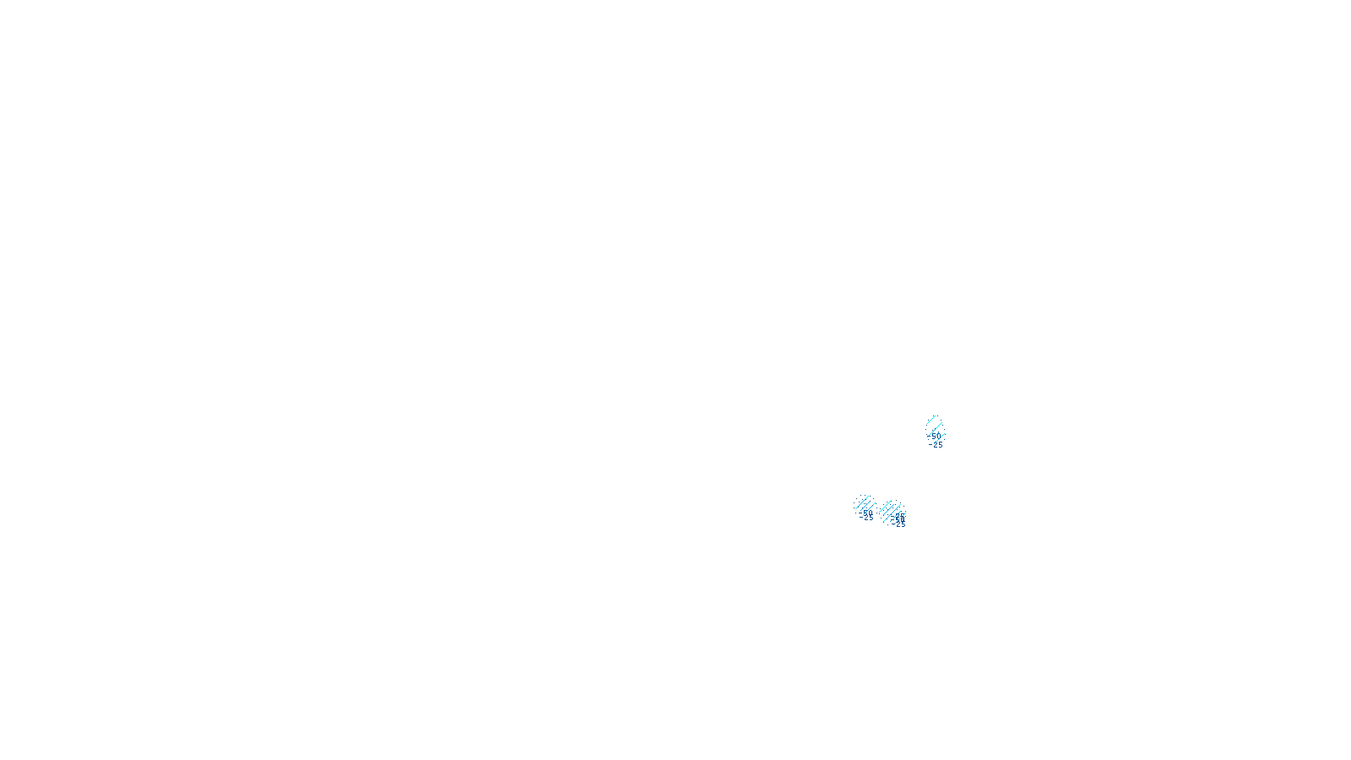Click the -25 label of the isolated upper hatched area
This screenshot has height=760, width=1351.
937,444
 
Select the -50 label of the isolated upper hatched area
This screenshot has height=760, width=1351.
936,436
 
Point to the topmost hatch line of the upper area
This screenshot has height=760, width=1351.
931,420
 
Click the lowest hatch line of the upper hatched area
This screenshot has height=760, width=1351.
940,438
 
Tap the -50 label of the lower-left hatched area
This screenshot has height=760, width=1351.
866,513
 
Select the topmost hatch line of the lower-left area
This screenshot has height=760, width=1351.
862,502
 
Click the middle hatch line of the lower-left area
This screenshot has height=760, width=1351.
865,506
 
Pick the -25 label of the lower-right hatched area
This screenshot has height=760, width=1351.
900,524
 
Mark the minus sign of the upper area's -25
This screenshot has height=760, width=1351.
931,444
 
